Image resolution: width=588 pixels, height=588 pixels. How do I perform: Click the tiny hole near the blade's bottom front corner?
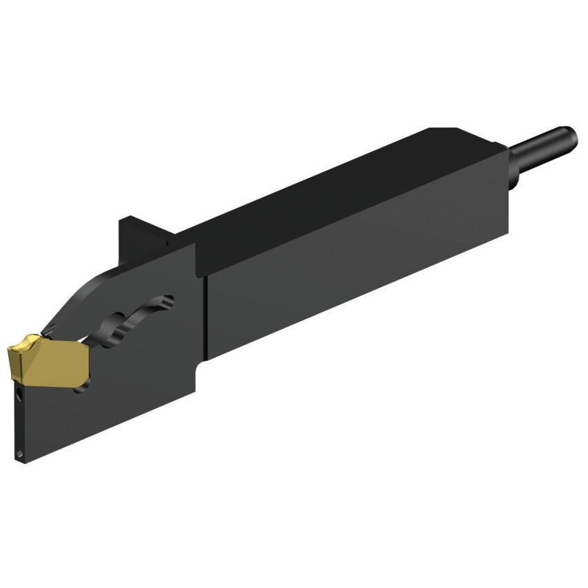[20, 454]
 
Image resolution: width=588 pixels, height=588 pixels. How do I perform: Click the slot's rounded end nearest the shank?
[167, 300]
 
